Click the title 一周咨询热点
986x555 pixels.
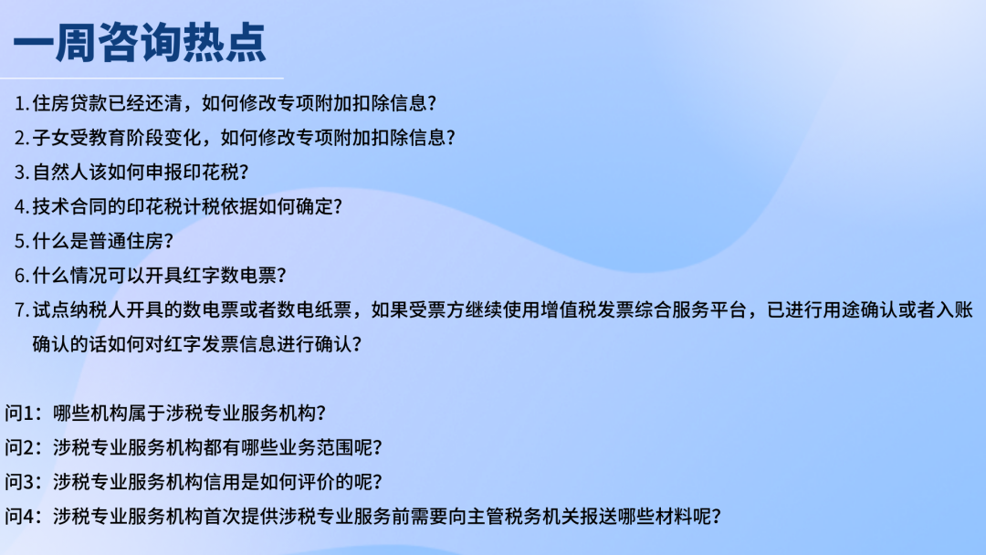140,43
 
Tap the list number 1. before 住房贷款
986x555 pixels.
22,103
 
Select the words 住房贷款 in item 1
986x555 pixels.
69,103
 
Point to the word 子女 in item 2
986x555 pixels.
51,138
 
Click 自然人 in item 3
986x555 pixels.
60,172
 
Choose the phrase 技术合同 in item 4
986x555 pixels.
69,206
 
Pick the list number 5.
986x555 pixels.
22,241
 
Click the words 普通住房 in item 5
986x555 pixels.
126,241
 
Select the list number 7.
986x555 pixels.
22,310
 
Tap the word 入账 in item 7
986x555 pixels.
955,309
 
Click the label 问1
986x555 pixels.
19,413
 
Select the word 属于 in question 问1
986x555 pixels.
146,413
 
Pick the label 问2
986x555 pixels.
19,447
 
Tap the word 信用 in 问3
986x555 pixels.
222,482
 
